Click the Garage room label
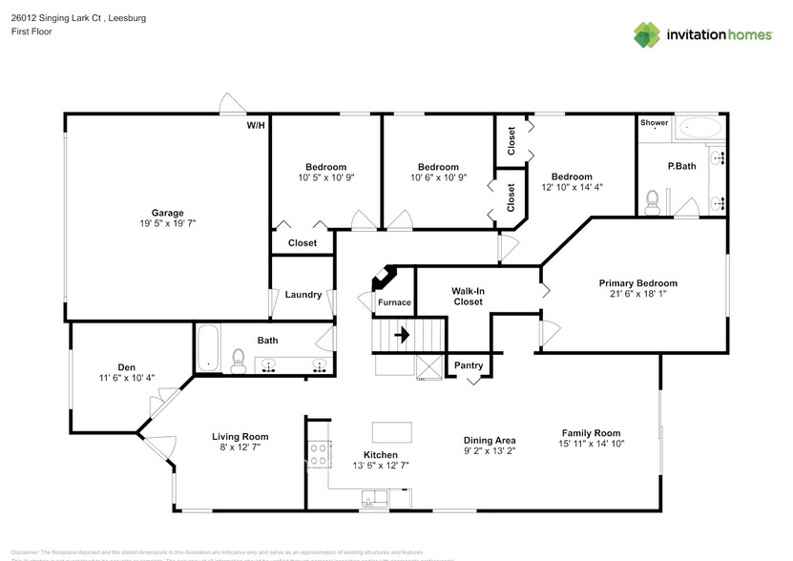click(167, 213)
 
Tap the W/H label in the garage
click(256, 125)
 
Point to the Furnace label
click(394, 302)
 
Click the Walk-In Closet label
click(468, 295)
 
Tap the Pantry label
click(469, 365)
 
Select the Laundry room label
click(303, 295)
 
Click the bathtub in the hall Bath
click(208, 348)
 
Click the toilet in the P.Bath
click(654, 200)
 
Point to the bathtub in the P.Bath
click(701, 127)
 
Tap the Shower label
click(654, 123)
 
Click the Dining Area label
click(490, 440)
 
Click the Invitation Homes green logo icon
click(649, 34)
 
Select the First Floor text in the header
click(31, 31)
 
